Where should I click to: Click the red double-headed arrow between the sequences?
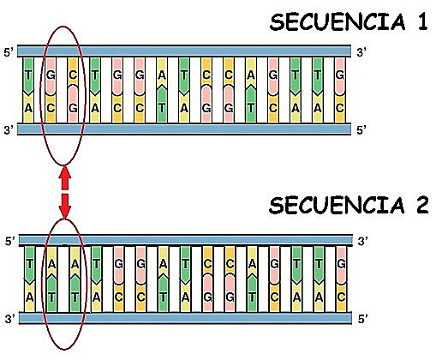pos(64,192)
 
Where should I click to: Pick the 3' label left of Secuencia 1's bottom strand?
pos(9,129)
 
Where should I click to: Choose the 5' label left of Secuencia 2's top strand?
pos(9,243)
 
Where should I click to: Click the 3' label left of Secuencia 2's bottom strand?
pos(9,319)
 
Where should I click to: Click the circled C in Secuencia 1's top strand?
pos(74,75)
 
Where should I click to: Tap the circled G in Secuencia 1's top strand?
pos(51,75)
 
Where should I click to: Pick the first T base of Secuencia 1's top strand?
pos(30,75)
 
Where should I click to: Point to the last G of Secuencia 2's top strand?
pos(341,264)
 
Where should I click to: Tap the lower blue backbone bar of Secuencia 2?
pos(185,319)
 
